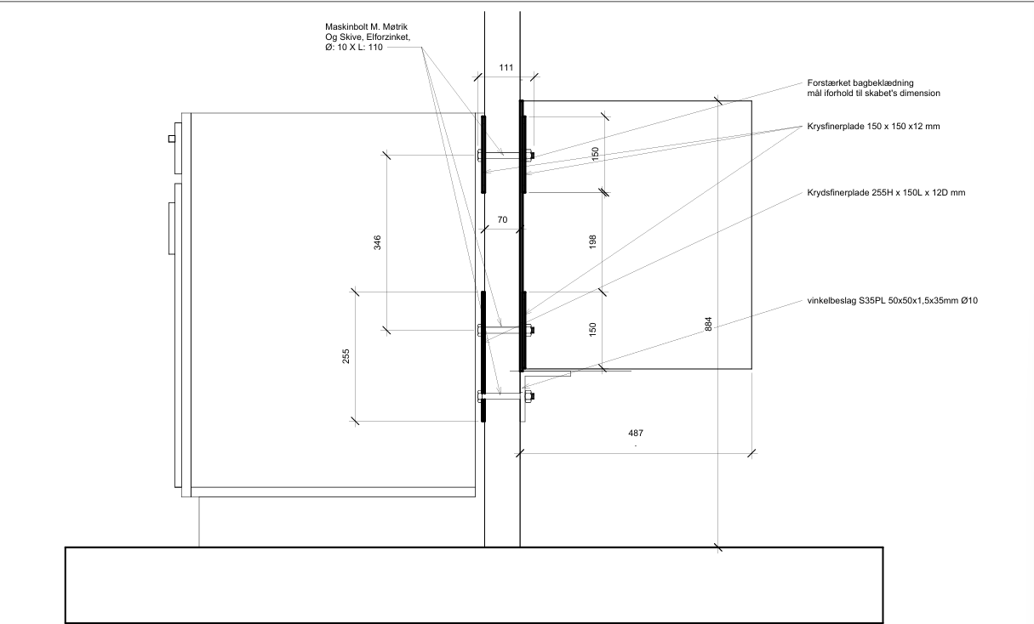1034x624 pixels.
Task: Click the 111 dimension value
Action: coord(506,67)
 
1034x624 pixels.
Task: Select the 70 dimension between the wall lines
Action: coord(502,219)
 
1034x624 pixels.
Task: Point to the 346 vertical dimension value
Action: coord(377,242)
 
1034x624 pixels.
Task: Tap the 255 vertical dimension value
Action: coord(346,356)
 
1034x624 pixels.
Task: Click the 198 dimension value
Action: coord(592,241)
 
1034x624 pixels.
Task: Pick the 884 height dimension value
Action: coord(709,324)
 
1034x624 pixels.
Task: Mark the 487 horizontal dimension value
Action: coord(636,433)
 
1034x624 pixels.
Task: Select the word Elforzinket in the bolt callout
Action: coord(388,37)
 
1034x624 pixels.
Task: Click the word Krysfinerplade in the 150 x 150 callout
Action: coord(836,127)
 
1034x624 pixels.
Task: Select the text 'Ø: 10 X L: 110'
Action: coord(354,47)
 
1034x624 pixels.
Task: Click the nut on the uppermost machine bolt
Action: coord(531,156)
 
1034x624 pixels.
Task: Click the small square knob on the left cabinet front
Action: coord(172,139)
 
